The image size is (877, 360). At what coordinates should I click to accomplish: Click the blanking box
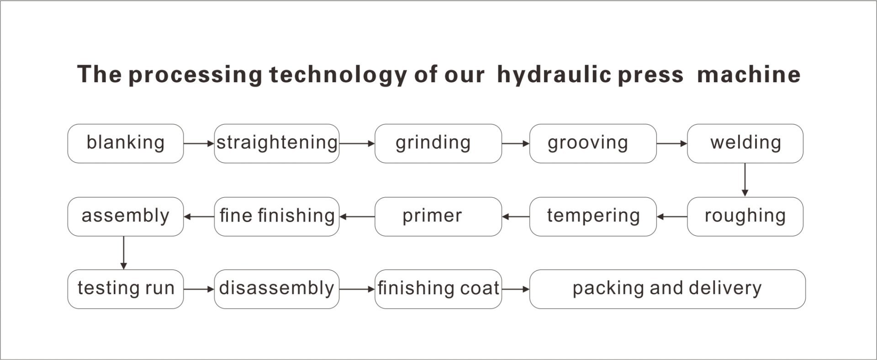[x=126, y=143]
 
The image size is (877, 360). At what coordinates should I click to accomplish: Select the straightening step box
[x=277, y=143]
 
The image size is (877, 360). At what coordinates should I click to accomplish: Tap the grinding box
[x=438, y=143]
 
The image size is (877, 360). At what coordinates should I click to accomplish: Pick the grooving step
[x=593, y=143]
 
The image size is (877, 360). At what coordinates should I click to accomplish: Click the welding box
[x=745, y=143]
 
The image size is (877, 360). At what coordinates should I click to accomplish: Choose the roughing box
[x=745, y=217]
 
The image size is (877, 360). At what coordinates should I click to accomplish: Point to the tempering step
[x=593, y=217]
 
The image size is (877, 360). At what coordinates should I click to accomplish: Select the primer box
[x=438, y=217]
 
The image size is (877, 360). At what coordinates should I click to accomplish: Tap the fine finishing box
[x=277, y=217]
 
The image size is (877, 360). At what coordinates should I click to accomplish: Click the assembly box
[x=126, y=217]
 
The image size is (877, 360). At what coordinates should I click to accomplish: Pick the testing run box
[x=126, y=289]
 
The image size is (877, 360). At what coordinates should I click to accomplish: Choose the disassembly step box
[x=277, y=289]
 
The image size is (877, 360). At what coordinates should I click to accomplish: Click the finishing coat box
[x=438, y=289]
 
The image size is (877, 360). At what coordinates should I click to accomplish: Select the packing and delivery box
[x=667, y=289]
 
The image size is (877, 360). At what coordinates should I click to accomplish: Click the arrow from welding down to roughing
[x=745, y=180]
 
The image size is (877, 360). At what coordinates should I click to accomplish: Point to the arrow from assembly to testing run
[x=123, y=253]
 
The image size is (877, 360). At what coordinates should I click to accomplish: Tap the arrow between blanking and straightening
[x=199, y=143]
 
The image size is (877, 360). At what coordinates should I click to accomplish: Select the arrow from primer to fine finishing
[x=357, y=217]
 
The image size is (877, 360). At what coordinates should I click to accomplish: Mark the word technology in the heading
[x=338, y=74]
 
